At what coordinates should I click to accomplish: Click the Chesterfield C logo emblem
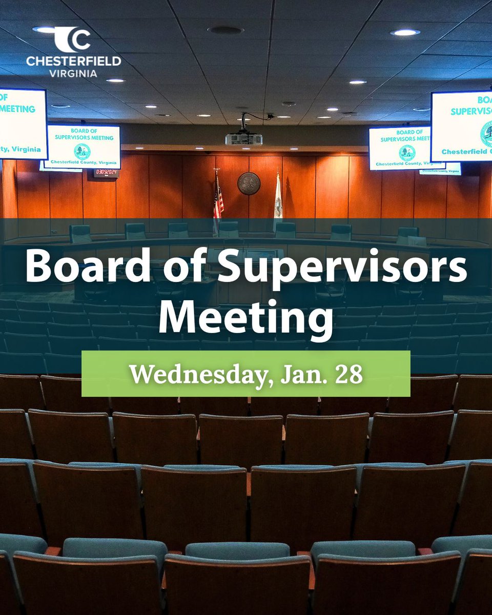click(73, 40)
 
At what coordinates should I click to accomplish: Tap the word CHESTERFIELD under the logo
click(73, 61)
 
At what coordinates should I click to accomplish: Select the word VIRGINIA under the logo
click(73, 73)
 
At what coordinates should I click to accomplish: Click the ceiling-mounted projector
click(243, 138)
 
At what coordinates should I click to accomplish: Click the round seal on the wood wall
click(249, 183)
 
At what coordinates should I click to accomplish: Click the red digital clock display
click(106, 173)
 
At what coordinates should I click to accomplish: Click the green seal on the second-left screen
click(82, 151)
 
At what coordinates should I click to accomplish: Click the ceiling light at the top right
click(405, 32)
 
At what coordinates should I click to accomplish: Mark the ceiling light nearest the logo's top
click(47, 29)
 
